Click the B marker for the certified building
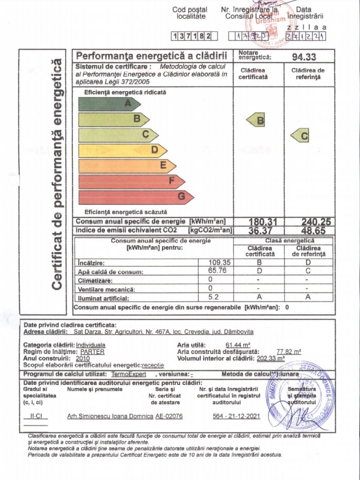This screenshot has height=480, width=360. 256,121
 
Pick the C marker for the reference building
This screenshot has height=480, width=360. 301,136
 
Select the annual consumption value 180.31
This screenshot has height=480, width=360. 259,222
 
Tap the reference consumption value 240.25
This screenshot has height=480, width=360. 309,222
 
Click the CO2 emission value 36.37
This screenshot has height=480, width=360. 259,231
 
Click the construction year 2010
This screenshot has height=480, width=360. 83,358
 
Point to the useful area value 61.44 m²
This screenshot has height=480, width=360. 238,345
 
